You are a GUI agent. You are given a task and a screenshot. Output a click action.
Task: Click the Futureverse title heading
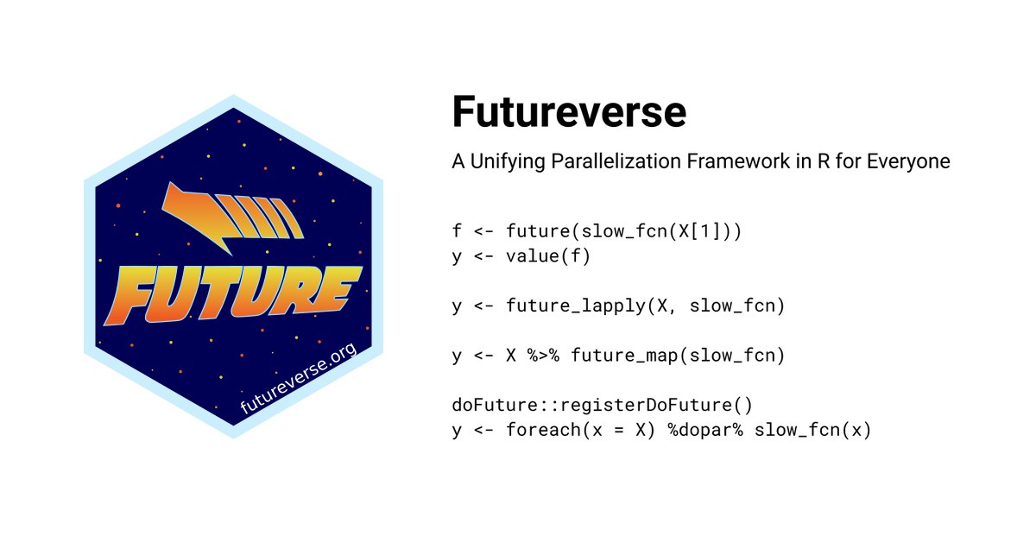(569, 111)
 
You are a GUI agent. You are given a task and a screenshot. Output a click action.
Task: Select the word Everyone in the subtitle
(908, 162)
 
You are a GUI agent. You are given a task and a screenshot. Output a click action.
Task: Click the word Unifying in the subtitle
(508, 162)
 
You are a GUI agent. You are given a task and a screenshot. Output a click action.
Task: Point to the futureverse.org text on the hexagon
(299, 378)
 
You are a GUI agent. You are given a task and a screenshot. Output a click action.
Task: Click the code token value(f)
(548, 255)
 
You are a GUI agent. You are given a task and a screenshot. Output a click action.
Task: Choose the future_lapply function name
(575, 306)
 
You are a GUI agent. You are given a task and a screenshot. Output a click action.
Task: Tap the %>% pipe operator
(543, 356)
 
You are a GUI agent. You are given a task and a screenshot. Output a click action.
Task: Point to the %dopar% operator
(705, 430)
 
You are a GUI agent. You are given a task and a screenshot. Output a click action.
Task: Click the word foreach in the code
(543, 430)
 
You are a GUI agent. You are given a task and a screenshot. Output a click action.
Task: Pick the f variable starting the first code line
(457, 230)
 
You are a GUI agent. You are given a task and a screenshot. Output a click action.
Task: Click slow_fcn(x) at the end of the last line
(812, 430)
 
